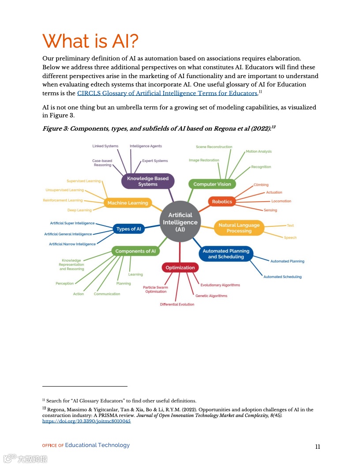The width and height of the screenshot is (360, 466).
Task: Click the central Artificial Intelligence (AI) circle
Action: coord(180,222)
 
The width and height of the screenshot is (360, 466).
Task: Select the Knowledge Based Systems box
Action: coord(148,181)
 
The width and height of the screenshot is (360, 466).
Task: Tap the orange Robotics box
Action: coord(222,202)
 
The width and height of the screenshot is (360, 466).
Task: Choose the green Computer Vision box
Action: coord(212,184)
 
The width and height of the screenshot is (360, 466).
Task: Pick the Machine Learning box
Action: coord(128,203)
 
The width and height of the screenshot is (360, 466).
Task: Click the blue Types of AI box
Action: coord(129,229)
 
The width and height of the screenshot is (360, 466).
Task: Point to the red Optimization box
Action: coord(180,267)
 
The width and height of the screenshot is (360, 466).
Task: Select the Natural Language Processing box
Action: coord(239,228)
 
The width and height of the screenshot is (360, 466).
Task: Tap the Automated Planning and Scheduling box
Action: coord(226,254)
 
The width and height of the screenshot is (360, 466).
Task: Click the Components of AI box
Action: coord(135,251)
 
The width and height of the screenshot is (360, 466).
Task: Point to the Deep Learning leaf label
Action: coord(79,210)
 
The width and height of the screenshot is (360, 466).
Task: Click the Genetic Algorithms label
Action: coord(211,296)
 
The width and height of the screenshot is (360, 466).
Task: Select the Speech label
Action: coord(290,238)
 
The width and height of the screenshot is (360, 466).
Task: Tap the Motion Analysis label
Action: coord(259,151)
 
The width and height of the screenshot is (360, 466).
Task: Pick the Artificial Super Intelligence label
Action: coord(72,223)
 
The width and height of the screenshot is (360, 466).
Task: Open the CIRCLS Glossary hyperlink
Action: coord(167,93)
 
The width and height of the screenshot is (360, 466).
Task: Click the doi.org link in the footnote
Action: coord(86,421)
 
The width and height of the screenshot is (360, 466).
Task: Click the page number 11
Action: coord(318,447)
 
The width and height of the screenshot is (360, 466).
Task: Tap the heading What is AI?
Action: coord(90,41)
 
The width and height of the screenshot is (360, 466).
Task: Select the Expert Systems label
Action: coord(155,161)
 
